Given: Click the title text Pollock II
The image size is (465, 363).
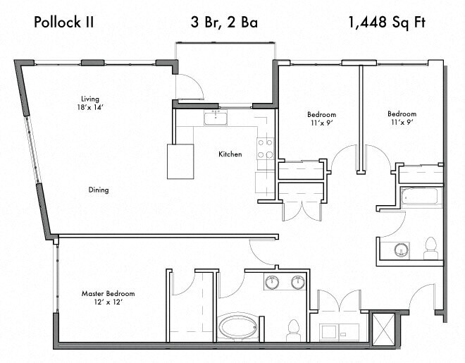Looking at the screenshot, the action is point(64,22).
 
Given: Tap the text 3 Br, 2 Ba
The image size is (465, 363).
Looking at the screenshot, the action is point(224,22).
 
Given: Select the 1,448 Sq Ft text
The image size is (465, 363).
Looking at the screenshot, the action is point(387,22).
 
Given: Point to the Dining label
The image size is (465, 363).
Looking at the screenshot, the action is point(99,190).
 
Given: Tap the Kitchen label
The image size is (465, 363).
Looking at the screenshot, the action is point(230,154).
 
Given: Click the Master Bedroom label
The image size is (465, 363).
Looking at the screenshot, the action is point(108,293).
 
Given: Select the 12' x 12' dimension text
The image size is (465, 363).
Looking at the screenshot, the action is point(108,303).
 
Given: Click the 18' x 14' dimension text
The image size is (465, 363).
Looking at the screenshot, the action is point(89,108).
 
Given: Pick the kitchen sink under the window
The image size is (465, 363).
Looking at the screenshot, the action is point(216,117).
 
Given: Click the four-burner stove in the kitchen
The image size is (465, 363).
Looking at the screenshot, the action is point(265,148).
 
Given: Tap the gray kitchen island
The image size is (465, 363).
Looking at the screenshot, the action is point(180,161).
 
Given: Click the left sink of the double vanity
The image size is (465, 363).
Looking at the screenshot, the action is point(273,283).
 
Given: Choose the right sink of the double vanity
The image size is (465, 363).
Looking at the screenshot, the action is point(298,283).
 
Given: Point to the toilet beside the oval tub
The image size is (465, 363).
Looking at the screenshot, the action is point(294,328).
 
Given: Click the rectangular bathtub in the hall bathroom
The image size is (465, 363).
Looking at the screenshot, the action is point(421,197).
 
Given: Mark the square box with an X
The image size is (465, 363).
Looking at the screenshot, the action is point(381,327).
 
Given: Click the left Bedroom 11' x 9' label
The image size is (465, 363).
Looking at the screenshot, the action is point(321,118).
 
